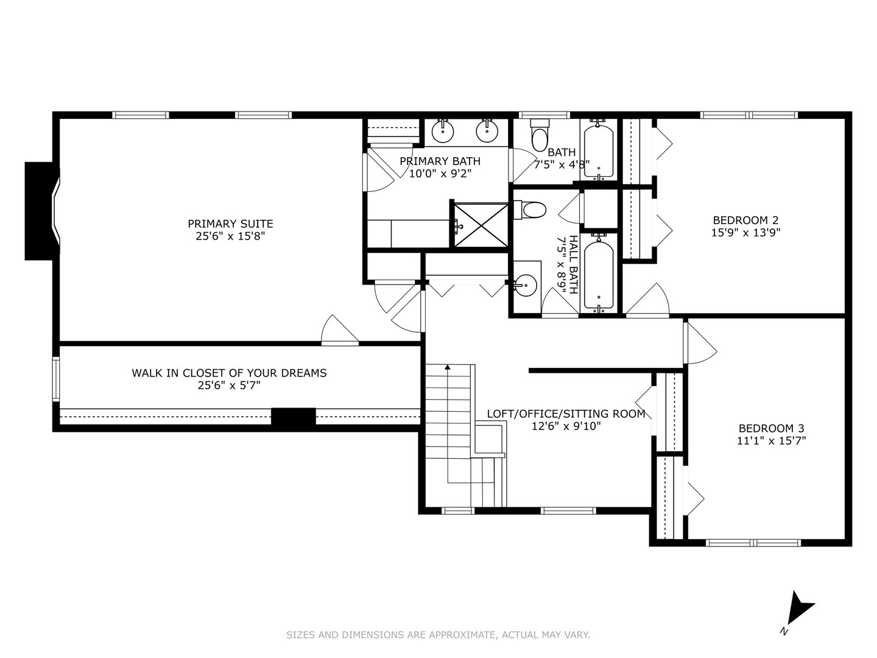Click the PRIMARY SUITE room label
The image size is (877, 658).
(x=231, y=224)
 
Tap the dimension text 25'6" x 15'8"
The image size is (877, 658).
(x=231, y=236)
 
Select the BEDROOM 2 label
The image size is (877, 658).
(x=745, y=220)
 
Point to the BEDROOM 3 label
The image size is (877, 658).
(x=771, y=428)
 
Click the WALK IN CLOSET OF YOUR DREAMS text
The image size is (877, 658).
(x=230, y=373)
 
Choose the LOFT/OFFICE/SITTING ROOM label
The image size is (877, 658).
(x=566, y=414)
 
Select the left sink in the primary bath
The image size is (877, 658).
(x=443, y=130)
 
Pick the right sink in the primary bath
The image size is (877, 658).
(x=487, y=130)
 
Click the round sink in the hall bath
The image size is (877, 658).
(x=524, y=285)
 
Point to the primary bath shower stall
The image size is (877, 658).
(x=482, y=225)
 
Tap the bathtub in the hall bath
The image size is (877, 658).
(x=599, y=275)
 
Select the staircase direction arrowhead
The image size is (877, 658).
(x=448, y=366)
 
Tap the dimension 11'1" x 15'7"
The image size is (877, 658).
(x=771, y=440)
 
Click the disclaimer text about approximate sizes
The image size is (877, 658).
(x=438, y=634)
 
